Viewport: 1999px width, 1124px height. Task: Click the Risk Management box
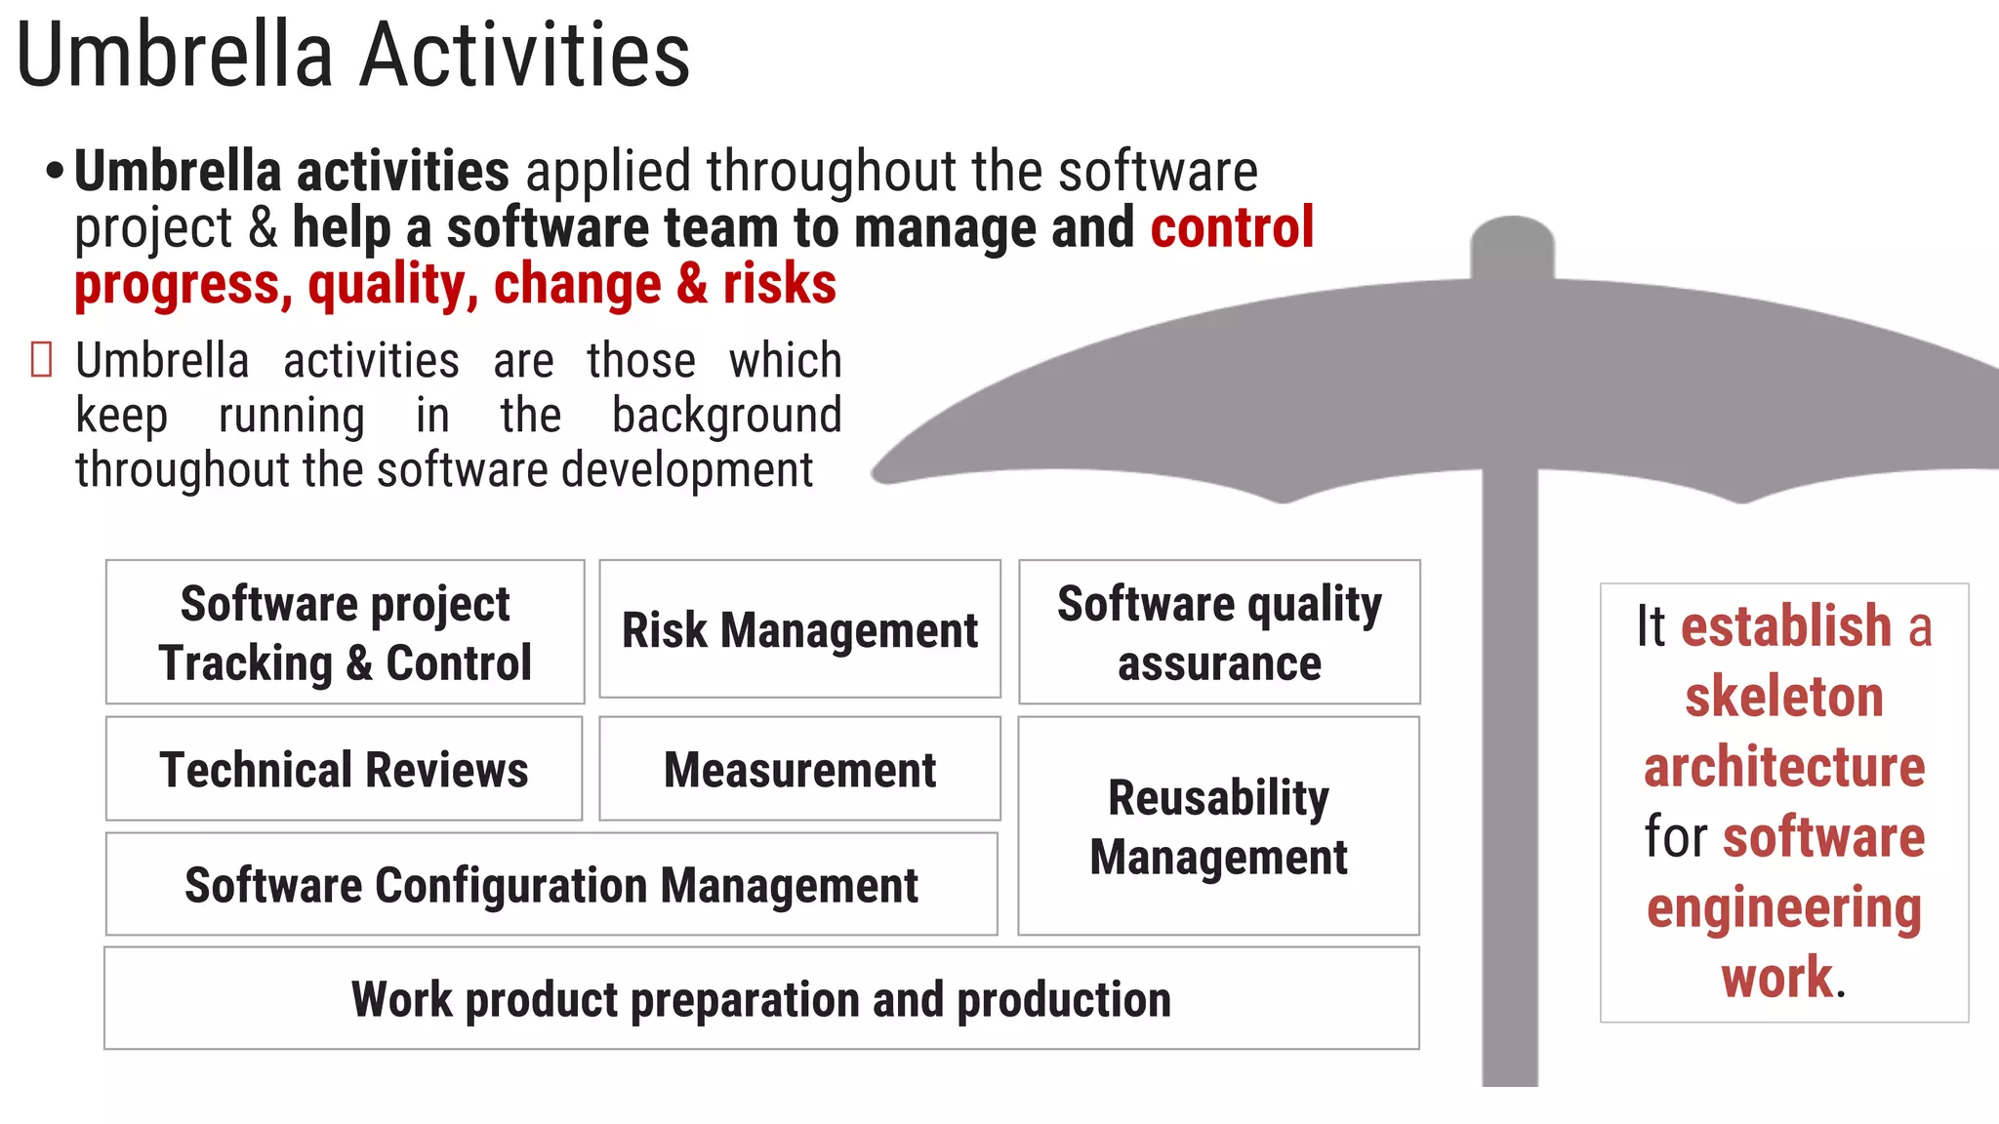pyautogui.click(x=799, y=629)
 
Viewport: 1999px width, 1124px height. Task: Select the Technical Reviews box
pyautogui.click(x=344, y=769)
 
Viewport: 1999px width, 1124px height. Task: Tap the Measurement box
pyautogui.click(x=799, y=769)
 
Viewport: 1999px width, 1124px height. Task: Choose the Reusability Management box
pyautogui.click(x=1218, y=826)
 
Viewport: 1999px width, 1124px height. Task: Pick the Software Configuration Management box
pyautogui.click(x=551, y=884)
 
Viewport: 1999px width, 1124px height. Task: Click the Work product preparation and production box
pyautogui.click(x=761, y=998)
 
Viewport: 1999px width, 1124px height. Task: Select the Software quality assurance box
pyautogui.click(x=1219, y=632)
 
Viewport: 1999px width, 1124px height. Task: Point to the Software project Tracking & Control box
pyautogui.click(x=345, y=632)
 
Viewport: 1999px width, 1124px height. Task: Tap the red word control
pyautogui.click(x=1232, y=227)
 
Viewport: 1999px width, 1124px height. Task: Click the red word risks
pyautogui.click(x=779, y=284)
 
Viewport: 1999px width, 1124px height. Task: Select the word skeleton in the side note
pyautogui.click(x=1783, y=697)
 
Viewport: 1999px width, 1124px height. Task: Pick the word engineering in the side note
pyautogui.click(x=1783, y=907)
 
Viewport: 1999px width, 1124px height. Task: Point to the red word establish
pyautogui.click(x=1786, y=625)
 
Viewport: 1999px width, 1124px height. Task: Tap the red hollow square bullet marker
pyautogui.click(x=41, y=359)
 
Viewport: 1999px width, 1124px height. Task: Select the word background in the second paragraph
pyautogui.click(x=726, y=415)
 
